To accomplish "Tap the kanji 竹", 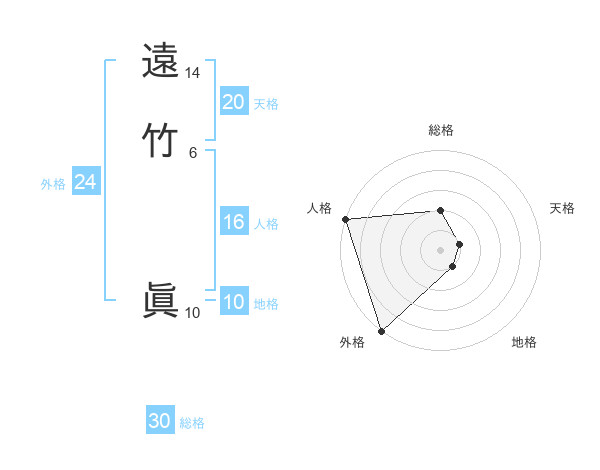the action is pyautogui.click(x=160, y=137).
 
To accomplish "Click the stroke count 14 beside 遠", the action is pyautogui.click(x=192, y=74).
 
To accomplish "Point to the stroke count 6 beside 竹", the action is pyautogui.click(x=192, y=151).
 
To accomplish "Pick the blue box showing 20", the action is pyautogui.click(x=233, y=101).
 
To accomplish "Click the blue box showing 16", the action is pyautogui.click(x=233, y=222).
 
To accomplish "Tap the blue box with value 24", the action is pyautogui.click(x=85, y=182).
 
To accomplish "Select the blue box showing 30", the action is pyautogui.click(x=160, y=421).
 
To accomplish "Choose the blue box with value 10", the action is pyautogui.click(x=233, y=302).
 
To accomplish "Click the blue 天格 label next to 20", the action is pyautogui.click(x=266, y=103).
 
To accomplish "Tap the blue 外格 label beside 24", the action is pyautogui.click(x=53, y=184).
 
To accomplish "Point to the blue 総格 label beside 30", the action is pyautogui.click(x=192, y=423).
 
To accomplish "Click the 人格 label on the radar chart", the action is pyautogui.click(x=319, y=207).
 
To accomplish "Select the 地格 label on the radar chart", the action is pyautogui.click(x=524, y=342).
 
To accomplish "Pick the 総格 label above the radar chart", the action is pyautogui.click(x=441, y=130).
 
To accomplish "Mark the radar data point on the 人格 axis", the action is pyautogui.click(x=345, y=219).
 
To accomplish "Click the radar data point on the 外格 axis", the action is pyautogui.click(x=381, y=330).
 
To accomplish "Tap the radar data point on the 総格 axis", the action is pyautogui.click(x=441, y=211).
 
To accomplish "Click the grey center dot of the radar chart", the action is pyautogui.click(x=441, y=250).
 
